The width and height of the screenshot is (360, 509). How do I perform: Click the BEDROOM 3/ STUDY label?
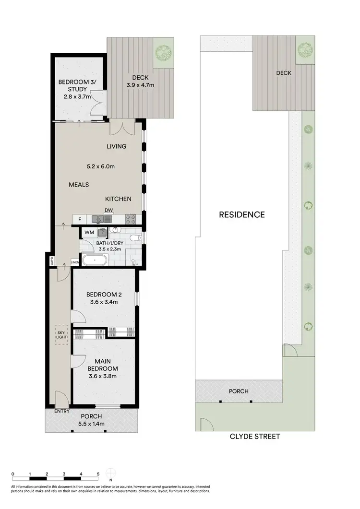click(77, 85)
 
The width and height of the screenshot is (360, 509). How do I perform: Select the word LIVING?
click(117, 146)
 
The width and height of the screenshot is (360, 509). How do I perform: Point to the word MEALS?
click(78, 184)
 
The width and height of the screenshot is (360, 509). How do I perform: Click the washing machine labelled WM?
click(89, 233)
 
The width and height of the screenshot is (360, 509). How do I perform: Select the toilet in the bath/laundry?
click(137, 238)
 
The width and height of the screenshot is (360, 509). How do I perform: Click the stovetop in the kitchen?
click(130, 219)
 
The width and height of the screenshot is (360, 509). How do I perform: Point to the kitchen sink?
click(101, 219)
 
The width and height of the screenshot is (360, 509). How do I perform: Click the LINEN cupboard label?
click(74, 262)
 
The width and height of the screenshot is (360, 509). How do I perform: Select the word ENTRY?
click(62, 411)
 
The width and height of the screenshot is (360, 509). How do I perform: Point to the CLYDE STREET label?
click(255, 437)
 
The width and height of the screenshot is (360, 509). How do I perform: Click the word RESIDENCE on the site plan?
click(241, 215)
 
